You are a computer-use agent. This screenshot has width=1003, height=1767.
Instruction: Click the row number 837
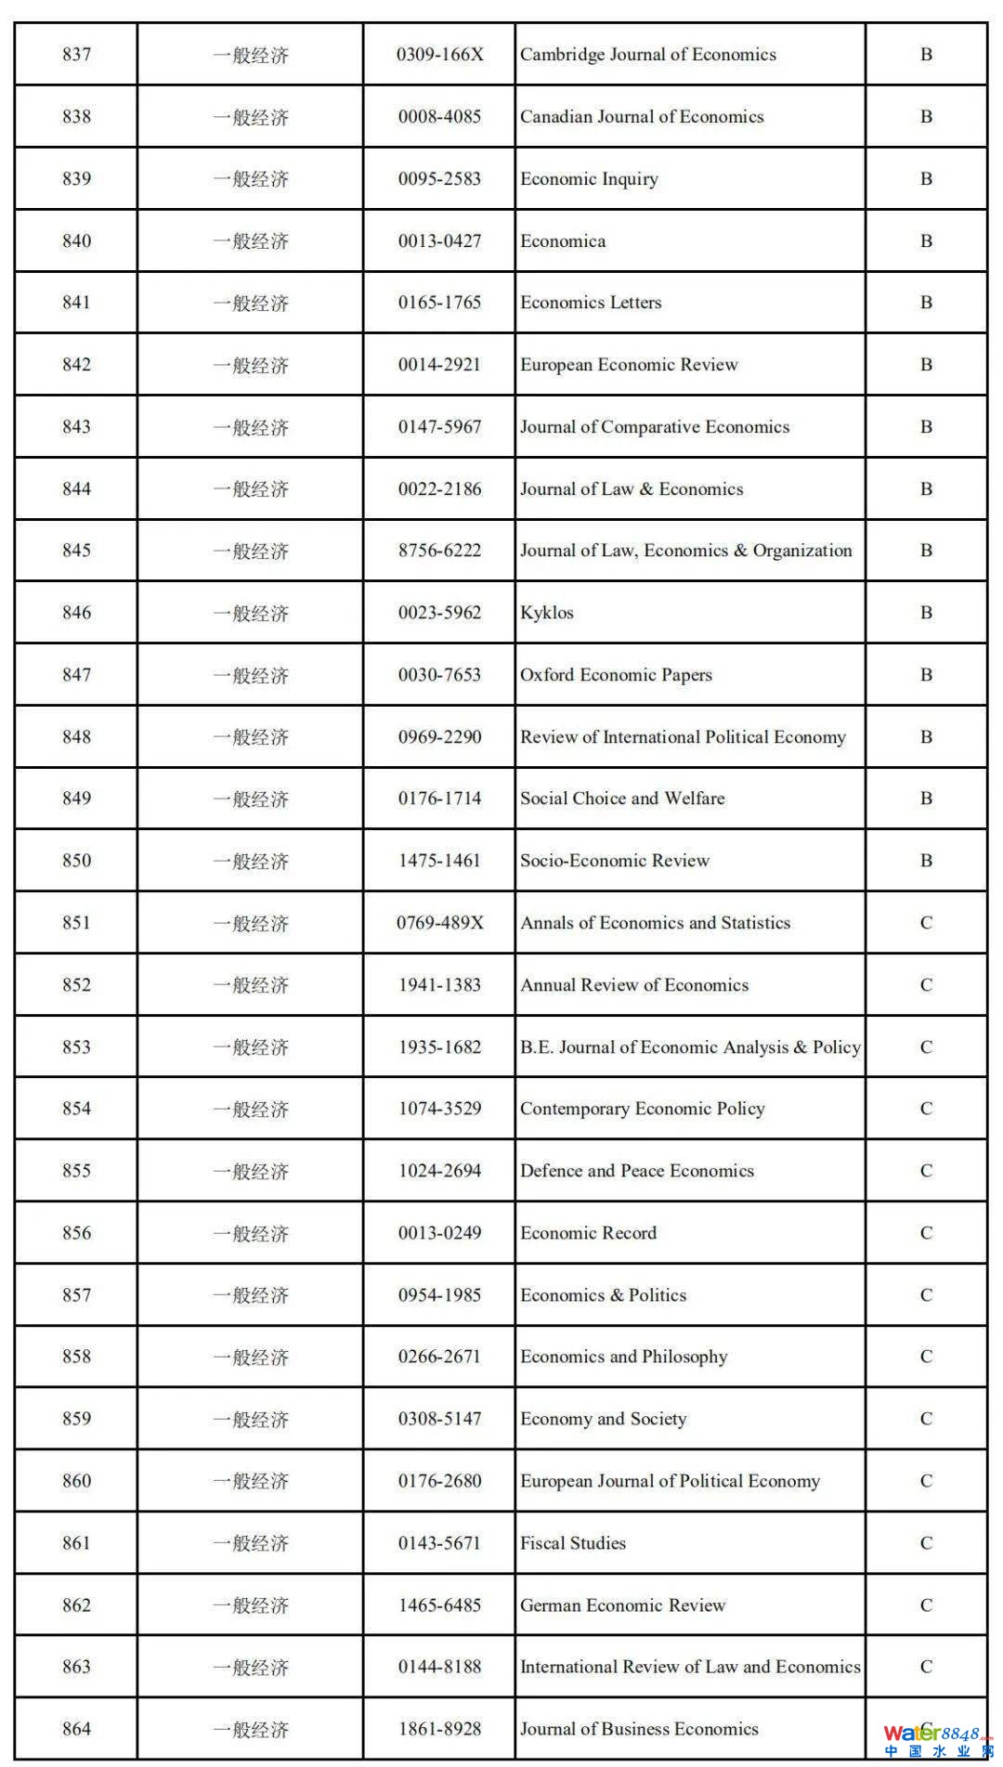[76, 55]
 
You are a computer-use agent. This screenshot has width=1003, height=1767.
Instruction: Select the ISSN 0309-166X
[439, 55]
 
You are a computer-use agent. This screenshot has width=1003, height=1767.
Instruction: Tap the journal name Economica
[563, 241]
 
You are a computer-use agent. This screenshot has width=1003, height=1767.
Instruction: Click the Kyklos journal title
[547, 613]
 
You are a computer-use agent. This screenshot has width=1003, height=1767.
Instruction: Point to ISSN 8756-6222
[439, 551]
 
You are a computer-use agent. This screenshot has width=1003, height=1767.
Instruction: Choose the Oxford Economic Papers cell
[616, 675]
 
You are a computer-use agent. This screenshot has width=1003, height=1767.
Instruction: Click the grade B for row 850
[926, 861]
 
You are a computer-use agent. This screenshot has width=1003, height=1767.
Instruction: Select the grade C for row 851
[926, 923]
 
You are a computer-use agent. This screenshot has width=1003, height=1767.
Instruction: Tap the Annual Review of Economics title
[634, 985]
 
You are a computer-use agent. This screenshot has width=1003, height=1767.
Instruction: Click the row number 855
[76, 1171]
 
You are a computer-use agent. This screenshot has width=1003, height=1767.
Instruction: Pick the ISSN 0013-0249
[439, 1233]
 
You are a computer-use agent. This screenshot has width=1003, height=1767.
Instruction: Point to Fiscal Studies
[573, 1543]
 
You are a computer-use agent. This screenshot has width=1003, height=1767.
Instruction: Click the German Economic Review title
[622, 1605]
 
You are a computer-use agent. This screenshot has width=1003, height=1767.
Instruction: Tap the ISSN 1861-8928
[439, 1729]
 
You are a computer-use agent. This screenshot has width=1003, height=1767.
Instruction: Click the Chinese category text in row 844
[250, 489]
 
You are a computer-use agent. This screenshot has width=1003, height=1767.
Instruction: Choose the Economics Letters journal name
[591, 303]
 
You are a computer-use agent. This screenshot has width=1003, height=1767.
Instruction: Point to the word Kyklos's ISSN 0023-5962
[439, 613]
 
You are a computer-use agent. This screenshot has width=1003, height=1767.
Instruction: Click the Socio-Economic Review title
[615, 861]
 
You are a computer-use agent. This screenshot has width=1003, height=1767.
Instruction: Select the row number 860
[76, 1481]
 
